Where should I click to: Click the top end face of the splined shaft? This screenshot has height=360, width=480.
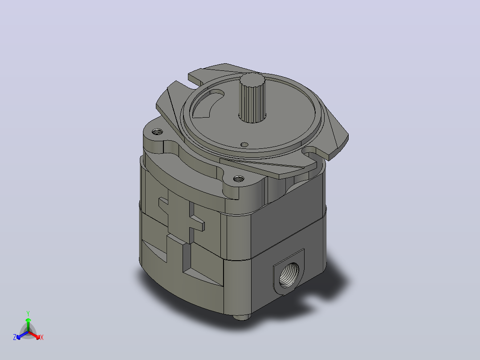point(252,80)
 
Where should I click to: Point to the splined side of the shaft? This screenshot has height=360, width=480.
point(252,102)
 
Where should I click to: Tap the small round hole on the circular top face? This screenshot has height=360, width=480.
point(244,144)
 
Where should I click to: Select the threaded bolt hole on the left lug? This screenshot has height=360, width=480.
point(157,132)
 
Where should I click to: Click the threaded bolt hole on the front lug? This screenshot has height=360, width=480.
point(239,178)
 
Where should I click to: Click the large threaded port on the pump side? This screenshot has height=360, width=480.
point(289,275)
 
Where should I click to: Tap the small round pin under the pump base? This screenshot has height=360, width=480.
point(242,317)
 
